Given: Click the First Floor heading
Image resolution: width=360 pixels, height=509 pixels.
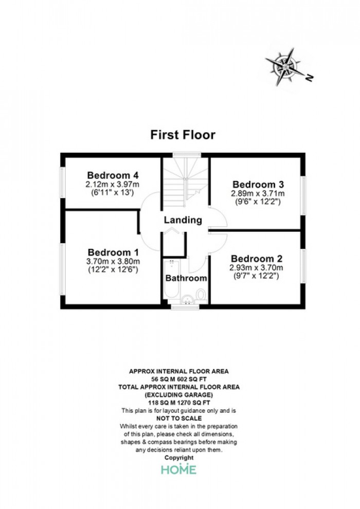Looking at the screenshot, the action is click(183, 135).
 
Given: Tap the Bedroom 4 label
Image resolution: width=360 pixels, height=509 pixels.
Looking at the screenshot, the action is click(113, 175).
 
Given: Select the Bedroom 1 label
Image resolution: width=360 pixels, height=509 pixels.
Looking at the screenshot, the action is click(113, 252).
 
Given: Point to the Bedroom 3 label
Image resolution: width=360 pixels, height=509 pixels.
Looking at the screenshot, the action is click(258, 185).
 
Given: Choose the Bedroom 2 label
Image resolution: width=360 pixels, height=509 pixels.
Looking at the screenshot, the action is click(257, 259).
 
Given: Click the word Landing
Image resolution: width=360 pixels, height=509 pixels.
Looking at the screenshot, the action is click(183, 220).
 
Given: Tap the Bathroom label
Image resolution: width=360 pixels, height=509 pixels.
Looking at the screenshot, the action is click(186, 278).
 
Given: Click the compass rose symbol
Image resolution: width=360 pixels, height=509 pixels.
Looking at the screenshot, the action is click(283, 67).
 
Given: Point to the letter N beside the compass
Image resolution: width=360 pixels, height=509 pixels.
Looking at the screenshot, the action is click(310, 78).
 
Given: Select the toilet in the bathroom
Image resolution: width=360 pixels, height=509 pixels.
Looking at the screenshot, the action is click(201, 296).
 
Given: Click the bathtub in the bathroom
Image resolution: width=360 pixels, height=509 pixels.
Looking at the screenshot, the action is click(171, 279).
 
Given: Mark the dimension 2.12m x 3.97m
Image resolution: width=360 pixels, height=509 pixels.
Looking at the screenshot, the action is click(112, 185).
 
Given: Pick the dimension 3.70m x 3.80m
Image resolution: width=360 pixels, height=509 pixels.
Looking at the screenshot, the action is click(113, 261).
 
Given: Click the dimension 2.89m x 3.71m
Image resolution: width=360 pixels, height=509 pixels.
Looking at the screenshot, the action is click(258, 193).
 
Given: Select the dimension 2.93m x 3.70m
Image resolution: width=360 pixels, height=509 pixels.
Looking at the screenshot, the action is click(256, 268).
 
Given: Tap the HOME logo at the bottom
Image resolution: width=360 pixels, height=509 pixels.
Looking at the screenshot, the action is click(179, 469).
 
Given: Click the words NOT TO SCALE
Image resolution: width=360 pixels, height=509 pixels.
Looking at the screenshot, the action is click(179, 419).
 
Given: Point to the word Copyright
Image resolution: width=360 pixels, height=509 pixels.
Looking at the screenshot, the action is click(179, 458).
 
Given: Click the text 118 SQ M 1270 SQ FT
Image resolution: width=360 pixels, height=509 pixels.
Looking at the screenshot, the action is click(179, 403).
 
